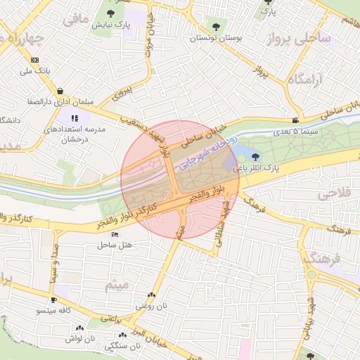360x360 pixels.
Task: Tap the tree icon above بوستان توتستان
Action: pyautogui.click(x=215, y=27)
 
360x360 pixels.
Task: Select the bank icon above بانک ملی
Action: pyautogui.click(x=35, y=60)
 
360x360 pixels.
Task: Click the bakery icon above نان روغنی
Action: pyautogui.click(x=151, y=295)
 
